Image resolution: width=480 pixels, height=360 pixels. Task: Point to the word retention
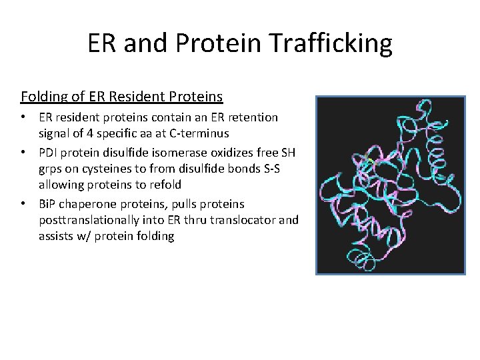click(x=250, y=117)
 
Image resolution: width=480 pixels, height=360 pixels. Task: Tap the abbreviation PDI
click(x=49, y=152)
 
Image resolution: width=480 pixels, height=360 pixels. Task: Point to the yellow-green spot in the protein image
click(x=367, y=161)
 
